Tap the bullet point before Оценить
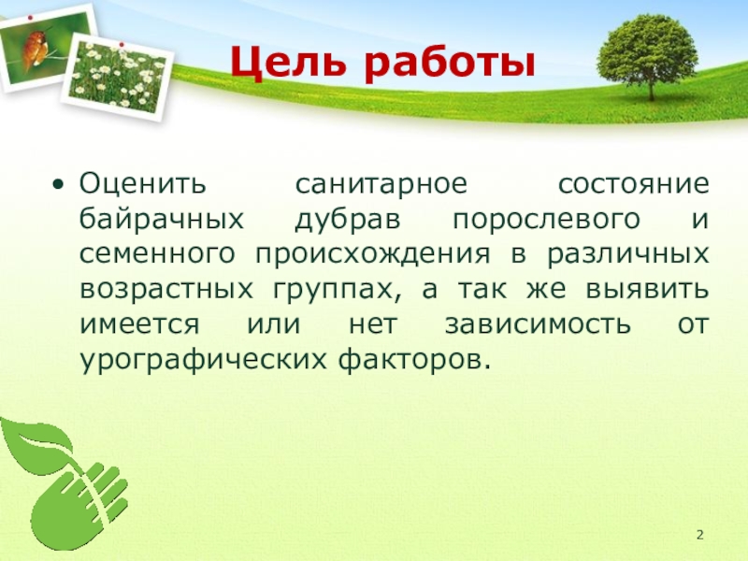point(58,184)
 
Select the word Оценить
point(143,184)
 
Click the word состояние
point(634,184)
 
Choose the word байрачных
point(162,221)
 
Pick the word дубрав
point(348,221)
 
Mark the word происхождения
point(372,255)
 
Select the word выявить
point(647,290)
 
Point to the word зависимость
point(538,325)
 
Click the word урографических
point(203,360)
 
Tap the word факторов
point(414,360)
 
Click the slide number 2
point(699,535)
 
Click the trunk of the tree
point(650,85)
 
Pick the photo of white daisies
point(118,78)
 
